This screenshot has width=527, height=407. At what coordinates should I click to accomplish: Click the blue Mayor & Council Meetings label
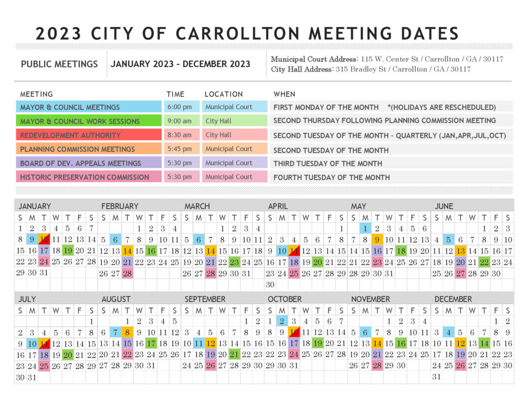click(x=89, y=107)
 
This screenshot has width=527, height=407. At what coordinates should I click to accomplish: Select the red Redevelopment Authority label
click(x=89, y=135)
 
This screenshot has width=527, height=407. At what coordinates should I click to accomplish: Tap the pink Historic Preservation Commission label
click(x=89, y=177)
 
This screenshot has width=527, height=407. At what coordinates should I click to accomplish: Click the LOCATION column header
click(x=223, y=94)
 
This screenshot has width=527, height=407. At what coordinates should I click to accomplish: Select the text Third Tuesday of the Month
click(x=328, y=164)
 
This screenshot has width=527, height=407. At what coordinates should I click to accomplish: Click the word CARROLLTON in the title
click(x=238, y=33)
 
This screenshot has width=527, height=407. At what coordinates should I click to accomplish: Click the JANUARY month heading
click(x=34, y=206)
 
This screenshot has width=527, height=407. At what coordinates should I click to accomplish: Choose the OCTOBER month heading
click(x=285, y=299)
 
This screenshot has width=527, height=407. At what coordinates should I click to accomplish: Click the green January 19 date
click(x=68, y=251)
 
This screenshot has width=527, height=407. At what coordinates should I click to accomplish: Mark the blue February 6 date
click(x=115, y=239)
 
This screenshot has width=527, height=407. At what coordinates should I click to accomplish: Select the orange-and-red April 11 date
click(x=294, y=251)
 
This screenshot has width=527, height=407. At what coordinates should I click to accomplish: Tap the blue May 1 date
click(x=365, y=228)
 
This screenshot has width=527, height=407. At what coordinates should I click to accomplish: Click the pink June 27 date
click(x=461, y=273)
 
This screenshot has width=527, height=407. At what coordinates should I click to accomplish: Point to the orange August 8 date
click(x=127, y=332)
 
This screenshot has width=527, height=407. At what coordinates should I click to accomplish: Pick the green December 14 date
click(x=484, y=343)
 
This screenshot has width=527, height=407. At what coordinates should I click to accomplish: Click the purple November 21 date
click(x=377, y=354)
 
